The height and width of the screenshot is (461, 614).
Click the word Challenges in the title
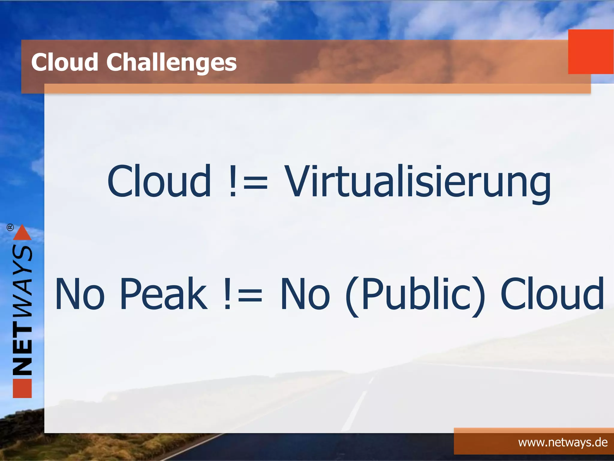[171, 62]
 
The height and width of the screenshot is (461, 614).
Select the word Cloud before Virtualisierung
[159, 181]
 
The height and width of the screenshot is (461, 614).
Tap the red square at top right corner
[590, 52]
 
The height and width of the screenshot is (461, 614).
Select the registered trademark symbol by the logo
[10, 227]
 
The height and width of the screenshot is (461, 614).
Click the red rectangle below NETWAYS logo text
[22, 388]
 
